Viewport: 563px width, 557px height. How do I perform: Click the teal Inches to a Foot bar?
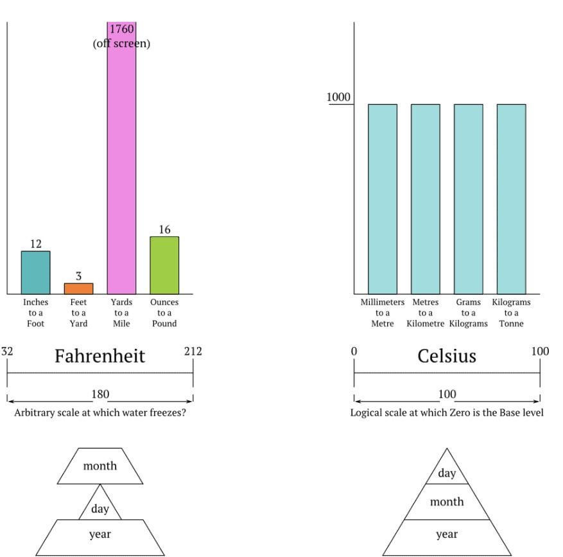pos(35,272)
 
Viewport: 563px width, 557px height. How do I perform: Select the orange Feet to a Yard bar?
pos(78,288)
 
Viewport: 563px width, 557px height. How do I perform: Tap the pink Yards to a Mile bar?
pos(122,158)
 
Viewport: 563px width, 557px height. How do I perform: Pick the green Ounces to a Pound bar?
pos(164,265)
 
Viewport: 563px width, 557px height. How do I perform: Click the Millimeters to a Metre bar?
pos(383,199)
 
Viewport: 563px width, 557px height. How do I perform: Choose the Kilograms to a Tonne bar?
pos(511,199)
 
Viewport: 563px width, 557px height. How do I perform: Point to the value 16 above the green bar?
pos(165,229)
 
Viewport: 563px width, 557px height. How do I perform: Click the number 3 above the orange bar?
pos(78,276)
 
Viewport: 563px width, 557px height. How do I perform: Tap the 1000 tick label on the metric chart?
pos(338,97)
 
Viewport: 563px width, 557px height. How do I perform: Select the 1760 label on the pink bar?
pos(122,29)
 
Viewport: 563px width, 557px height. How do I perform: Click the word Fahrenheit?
pos(100,356)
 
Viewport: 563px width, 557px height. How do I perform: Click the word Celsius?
pos(447,356)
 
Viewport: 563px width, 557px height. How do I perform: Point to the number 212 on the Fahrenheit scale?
pos(193,351)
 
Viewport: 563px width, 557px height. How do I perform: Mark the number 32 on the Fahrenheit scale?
pos(7,351)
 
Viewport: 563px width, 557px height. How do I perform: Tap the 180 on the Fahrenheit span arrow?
pos(100,394)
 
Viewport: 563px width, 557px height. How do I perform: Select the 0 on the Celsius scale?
pos(354,351)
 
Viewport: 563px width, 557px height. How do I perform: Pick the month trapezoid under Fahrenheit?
pos(100,466)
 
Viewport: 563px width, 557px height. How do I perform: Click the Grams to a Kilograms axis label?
pos(468,313)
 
